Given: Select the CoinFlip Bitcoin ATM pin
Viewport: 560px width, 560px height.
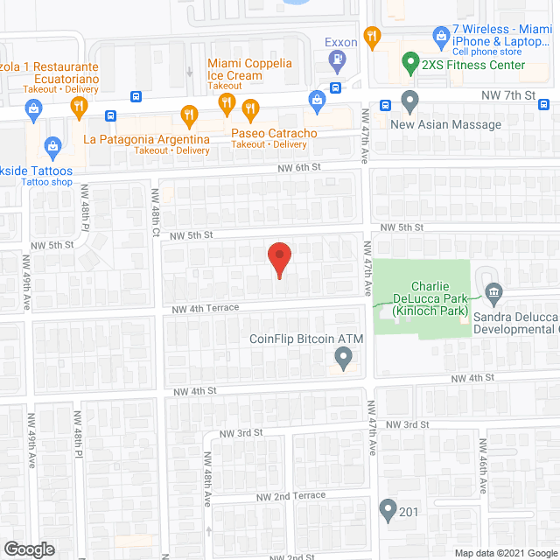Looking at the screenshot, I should point(343,357).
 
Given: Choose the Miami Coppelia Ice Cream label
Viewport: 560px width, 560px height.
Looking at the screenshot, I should point(235,70).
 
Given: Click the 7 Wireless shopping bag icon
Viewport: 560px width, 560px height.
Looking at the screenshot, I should point(441,36).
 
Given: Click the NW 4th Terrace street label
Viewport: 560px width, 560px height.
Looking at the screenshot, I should point(206,307).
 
